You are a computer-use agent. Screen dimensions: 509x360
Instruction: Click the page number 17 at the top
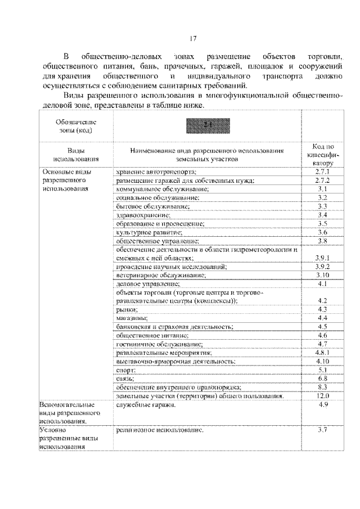click(193, 38)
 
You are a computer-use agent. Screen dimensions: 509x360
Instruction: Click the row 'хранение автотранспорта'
click(157, 171)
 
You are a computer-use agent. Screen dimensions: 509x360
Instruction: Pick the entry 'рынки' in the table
click(127, 309)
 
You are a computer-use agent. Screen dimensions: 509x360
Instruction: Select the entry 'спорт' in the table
click(126, 370)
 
